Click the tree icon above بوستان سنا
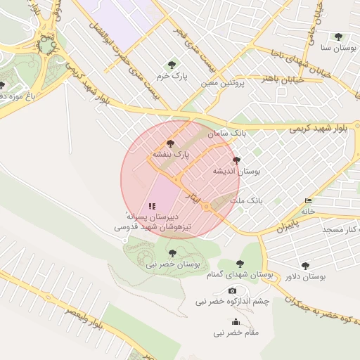338,37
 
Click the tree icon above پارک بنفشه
170,143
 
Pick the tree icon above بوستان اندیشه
236,160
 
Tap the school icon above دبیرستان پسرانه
152,206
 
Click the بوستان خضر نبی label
173,264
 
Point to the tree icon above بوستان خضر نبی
173,253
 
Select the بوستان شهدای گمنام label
241,275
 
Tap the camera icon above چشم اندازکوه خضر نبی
232,291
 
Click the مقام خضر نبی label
236,331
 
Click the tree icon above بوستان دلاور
304,266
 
